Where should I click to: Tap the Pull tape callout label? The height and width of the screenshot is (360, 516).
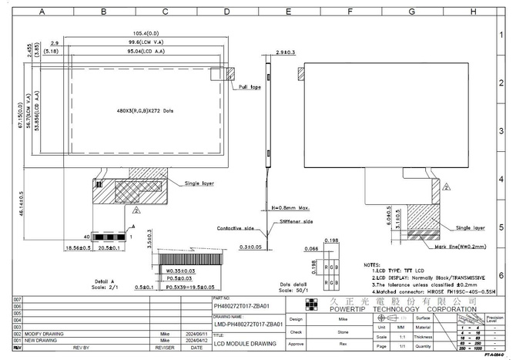[x=250, y=87]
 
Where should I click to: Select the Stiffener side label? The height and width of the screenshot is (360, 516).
[x=297, y=221]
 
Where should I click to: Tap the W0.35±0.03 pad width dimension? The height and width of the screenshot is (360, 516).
[x=178, y=271]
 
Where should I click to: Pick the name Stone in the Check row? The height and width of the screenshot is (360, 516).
[x=343, y=331]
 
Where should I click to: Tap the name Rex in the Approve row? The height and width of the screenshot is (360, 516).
[x=343, y=344]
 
